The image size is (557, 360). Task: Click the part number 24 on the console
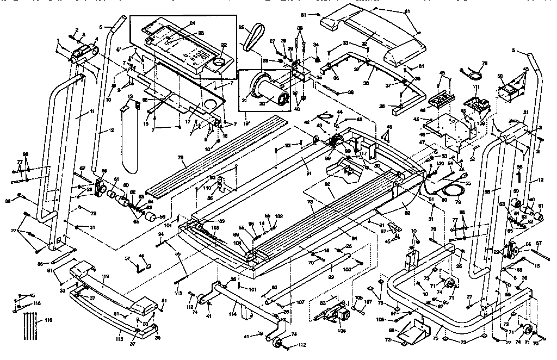[192, 23]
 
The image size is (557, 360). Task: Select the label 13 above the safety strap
[130, 96]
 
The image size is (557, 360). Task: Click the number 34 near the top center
[317, 45]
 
